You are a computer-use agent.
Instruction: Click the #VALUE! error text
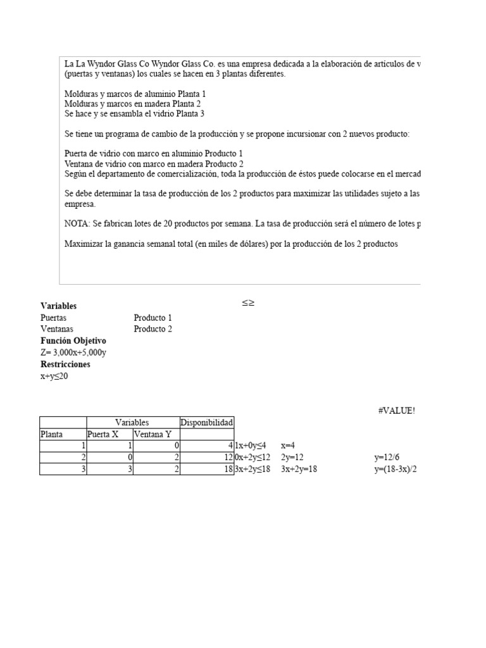[x=396, y=411]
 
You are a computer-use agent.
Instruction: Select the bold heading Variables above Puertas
[x=58, y=306]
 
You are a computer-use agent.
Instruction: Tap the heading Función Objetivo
[x=73, y=340]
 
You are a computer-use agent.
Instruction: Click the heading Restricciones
[x=65, y=364]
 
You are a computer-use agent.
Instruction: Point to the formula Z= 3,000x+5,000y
[x=73, y=352]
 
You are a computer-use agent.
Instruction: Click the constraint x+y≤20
[x=54, y=376]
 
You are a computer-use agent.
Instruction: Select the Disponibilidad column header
[x=207, y=422]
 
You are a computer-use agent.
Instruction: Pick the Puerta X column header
[x=103, y=434]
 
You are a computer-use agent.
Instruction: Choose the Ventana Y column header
[x=153, y=434]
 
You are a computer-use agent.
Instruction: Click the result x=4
[x=289, y=445]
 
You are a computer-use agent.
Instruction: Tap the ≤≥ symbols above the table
[x=248, y=303]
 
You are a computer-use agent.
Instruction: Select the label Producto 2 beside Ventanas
[x=153, y=329]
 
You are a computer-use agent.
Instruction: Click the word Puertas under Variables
[x=53, y=318]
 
